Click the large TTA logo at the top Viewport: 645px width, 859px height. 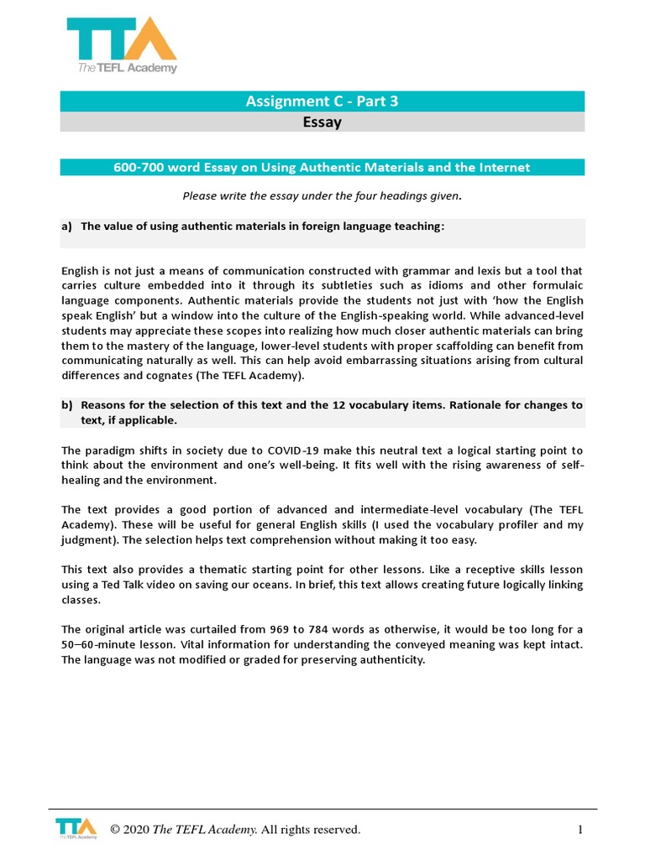(122, 44)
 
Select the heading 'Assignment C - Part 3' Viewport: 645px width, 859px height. (322, 102)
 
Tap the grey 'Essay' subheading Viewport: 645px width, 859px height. (322, 122)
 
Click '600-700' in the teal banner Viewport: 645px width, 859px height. (138, 168)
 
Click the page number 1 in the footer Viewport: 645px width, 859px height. (579, 830)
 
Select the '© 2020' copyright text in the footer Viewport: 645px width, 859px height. (129, 830)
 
